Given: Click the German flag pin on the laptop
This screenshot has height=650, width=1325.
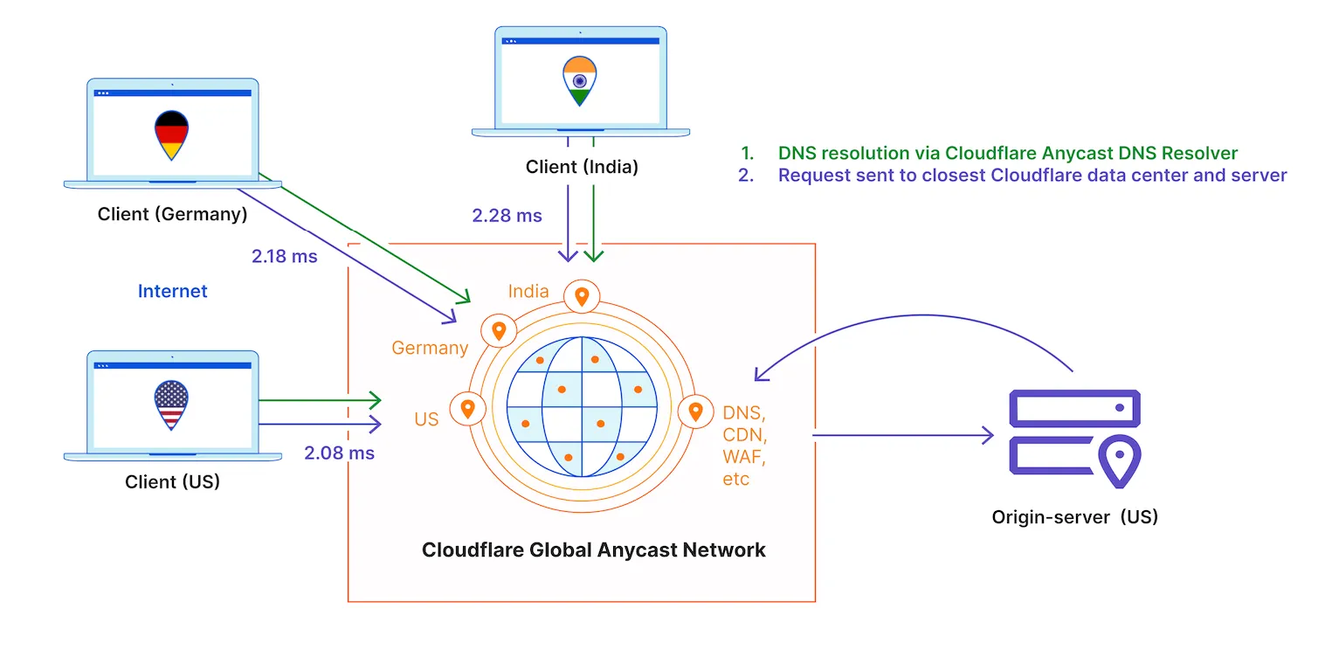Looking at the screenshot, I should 171,134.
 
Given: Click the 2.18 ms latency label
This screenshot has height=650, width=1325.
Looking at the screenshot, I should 284,257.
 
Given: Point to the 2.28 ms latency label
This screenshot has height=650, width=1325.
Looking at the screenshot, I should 507,215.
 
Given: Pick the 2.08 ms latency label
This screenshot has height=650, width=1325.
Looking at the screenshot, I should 339,453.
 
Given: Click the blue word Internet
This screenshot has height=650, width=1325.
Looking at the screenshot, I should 172,291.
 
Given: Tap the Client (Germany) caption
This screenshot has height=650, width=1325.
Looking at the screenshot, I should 172,213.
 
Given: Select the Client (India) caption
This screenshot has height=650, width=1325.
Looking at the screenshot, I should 582,167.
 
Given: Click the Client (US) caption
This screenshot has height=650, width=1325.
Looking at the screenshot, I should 172,481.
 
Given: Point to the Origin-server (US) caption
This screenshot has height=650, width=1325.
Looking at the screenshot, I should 1074,516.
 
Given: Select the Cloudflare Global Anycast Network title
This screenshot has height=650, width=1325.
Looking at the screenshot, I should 593,550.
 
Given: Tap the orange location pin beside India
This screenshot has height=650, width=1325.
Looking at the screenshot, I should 582,297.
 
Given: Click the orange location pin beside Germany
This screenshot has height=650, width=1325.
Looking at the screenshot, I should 499,331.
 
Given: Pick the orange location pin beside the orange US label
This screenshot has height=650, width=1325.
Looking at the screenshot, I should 467,408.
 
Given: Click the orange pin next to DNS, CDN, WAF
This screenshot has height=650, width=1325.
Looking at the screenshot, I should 695,411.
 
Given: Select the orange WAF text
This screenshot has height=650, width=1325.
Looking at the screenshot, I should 740,456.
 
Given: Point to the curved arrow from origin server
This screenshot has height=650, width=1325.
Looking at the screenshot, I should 917,323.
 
